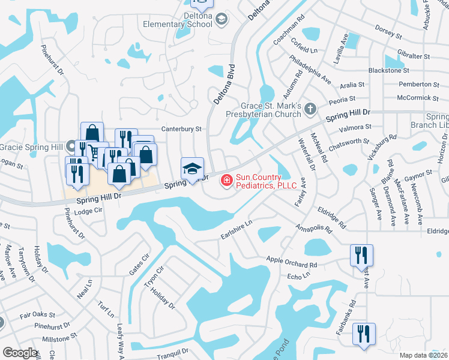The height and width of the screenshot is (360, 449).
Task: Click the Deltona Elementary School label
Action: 178,24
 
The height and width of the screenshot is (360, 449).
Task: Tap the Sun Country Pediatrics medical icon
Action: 227,179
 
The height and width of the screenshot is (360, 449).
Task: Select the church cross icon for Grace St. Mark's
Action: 310,109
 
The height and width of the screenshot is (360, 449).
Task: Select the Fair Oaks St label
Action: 37,314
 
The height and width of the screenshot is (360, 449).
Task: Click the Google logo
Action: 20,352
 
